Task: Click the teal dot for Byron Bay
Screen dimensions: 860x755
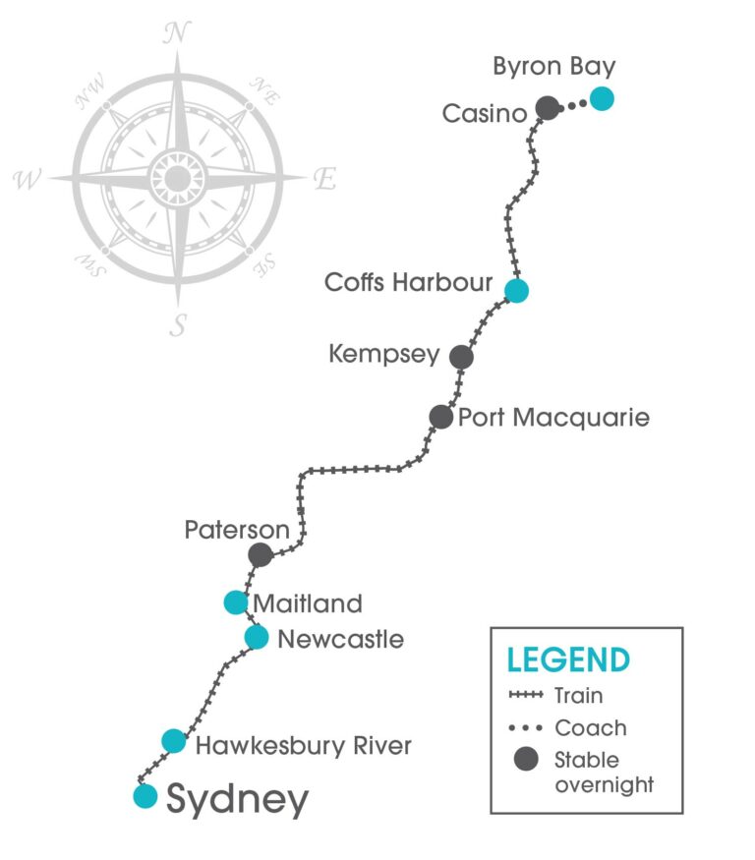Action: pyautogui.click(x=601, y=99)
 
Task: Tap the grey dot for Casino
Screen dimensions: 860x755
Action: pyautogui.click(x=548, y=108)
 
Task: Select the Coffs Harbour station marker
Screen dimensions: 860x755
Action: pyautogui.click(x=516, y=290)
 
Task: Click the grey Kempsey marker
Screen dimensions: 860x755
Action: pyautogui.click(x=461, y=357)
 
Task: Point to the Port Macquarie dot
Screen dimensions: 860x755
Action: pyautogui.click(x=441, y=417)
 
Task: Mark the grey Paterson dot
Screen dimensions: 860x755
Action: pyautogui.click(x=260, y=554)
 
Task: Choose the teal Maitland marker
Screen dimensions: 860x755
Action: pyautogui.click(x=235, y=602)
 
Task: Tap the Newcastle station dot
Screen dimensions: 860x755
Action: pyautogui.click(x=257, y=637)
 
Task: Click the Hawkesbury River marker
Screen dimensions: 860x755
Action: pyautogui.click(x=173, y=741)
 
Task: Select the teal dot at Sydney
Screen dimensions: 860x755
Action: pyautogui.click(x=145, y=795)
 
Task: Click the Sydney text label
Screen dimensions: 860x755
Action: pyautogui.click(x=237, y=799)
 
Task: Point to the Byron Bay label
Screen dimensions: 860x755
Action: pyautogui.click(x=554, y=67)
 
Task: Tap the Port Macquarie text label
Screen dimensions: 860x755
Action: pyautogui.click(x=554, y=418)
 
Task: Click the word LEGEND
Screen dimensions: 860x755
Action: pyautogui.click(x=568, y=659)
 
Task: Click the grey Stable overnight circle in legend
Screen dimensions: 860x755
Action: pyautogui.click(x=528, y=760)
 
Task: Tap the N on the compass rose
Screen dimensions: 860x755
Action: pyautogui.click(x=177, y=32)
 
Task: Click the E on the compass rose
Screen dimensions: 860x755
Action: pyautogui.click(x=323, y=179)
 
